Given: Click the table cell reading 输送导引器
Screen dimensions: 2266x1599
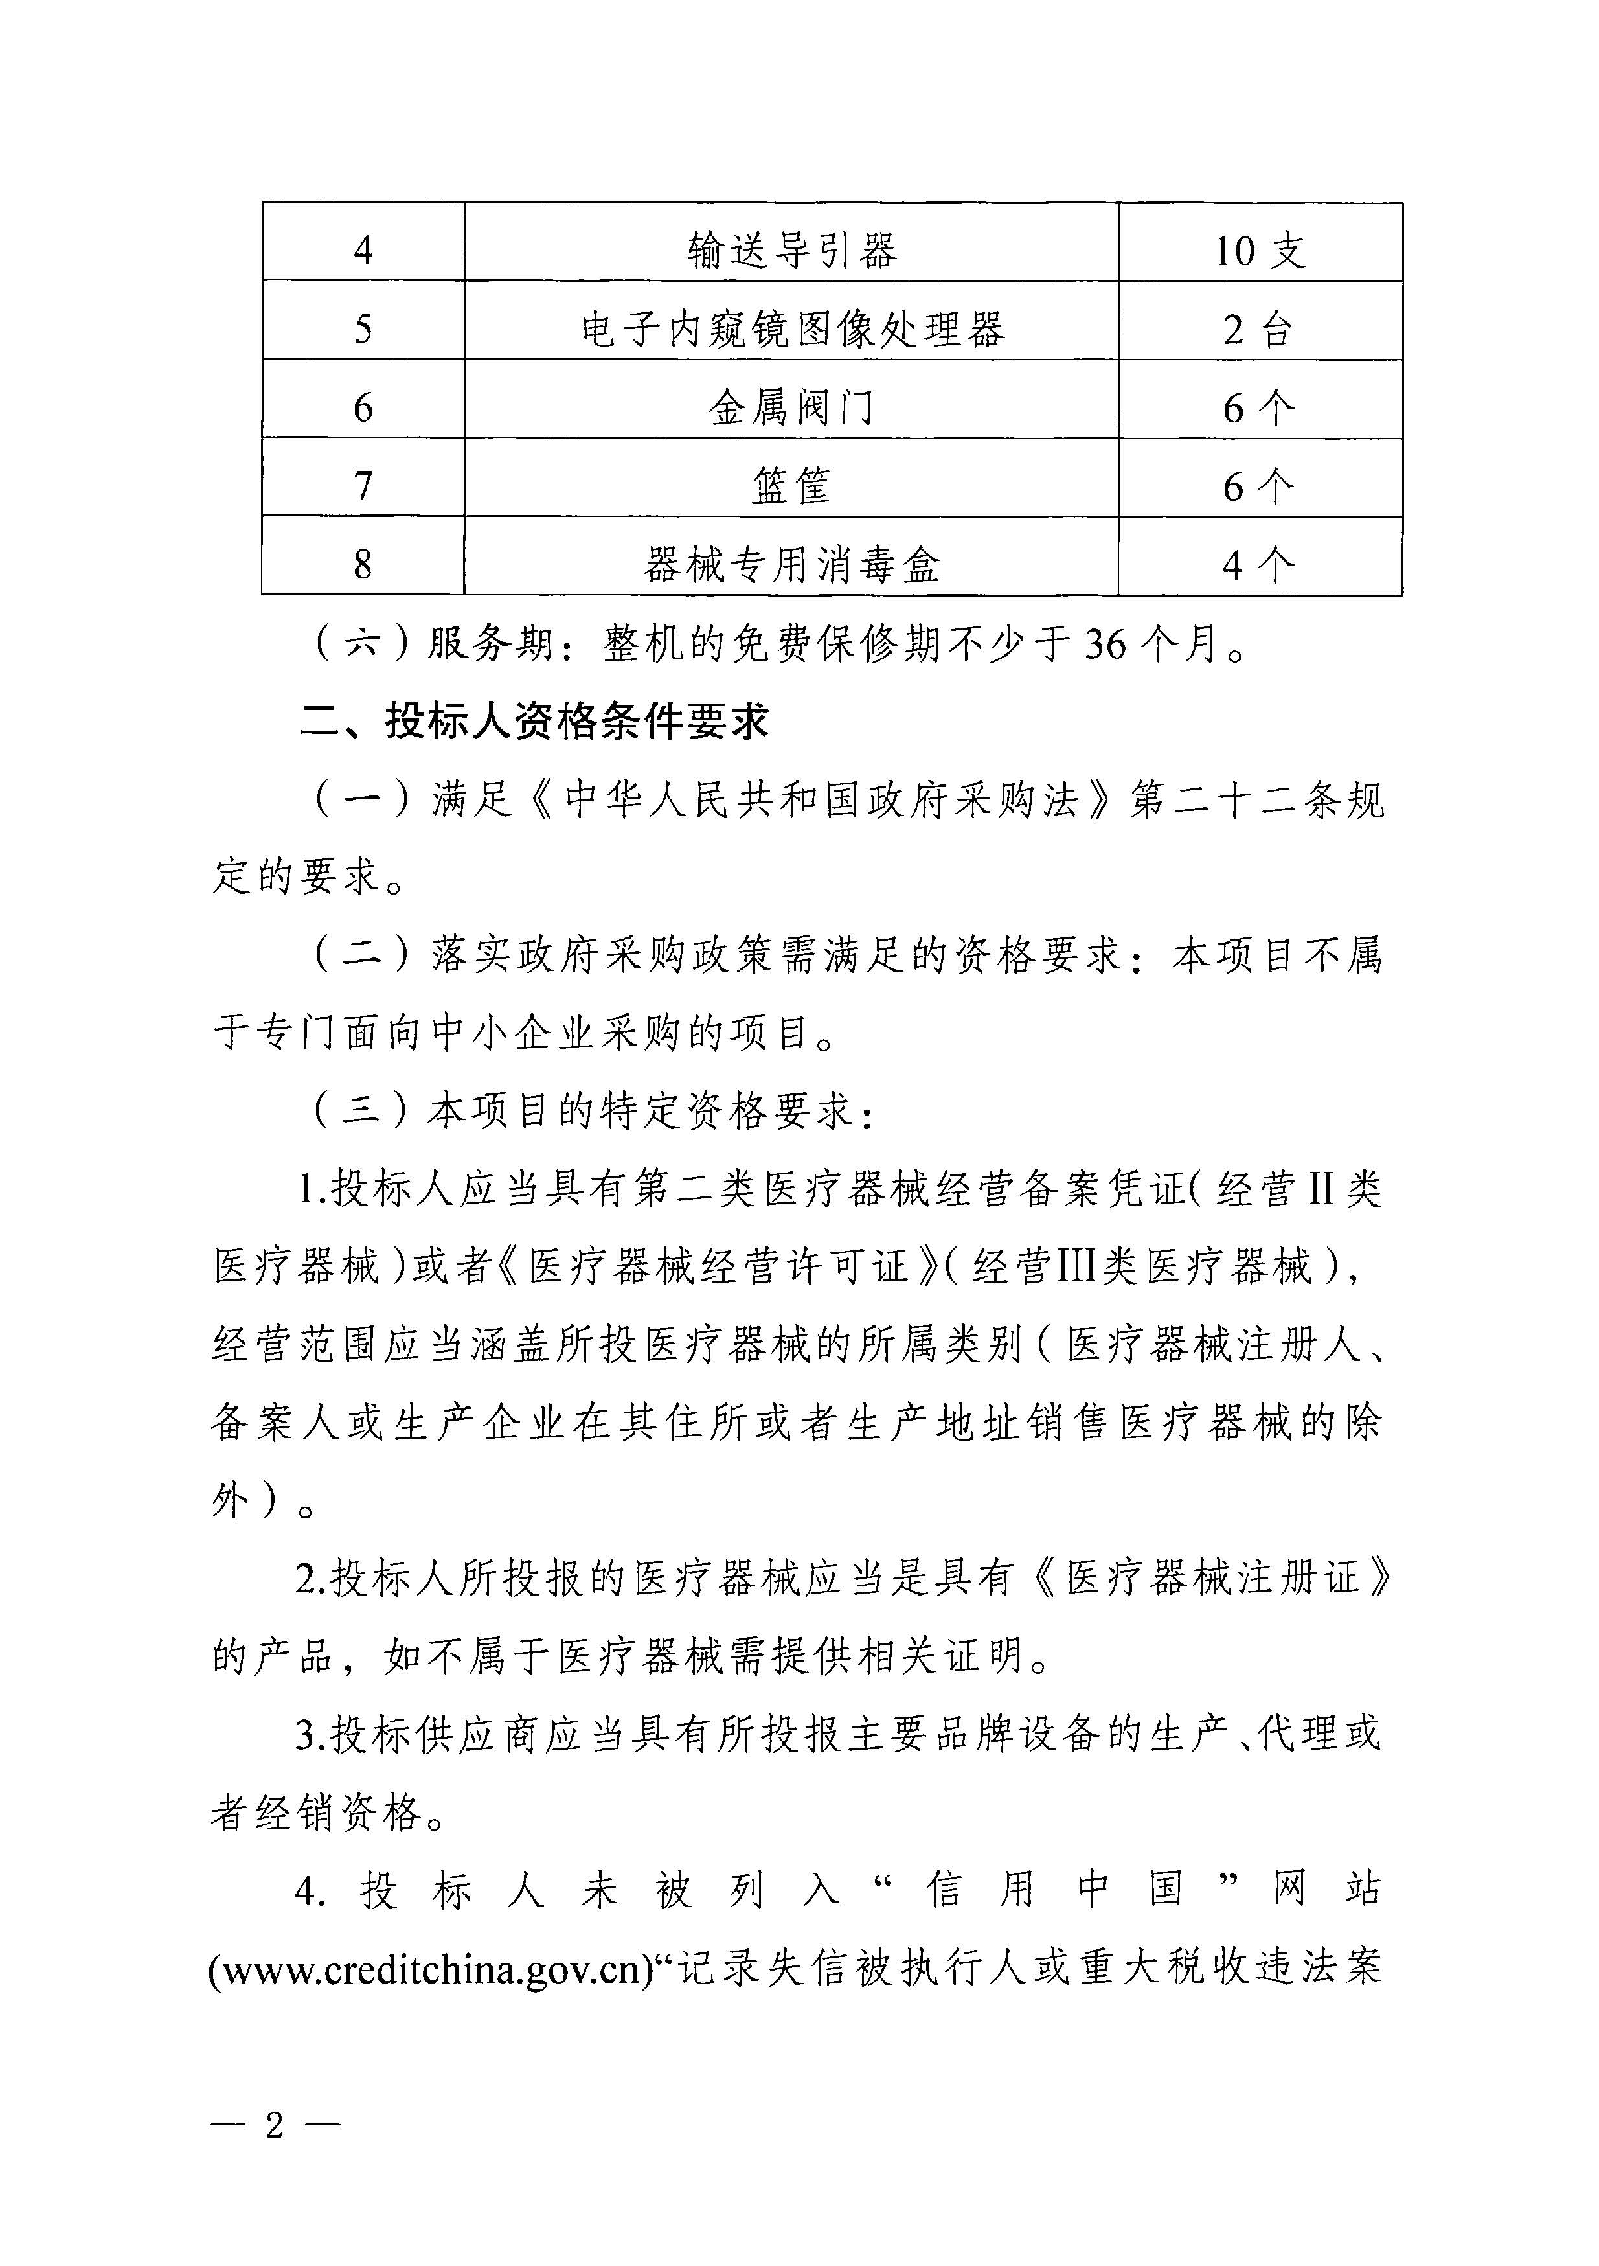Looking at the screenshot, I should coord(791,249).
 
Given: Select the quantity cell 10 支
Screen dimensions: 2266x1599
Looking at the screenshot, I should coord(1259,249).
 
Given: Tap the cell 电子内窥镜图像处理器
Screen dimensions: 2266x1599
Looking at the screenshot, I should coord(791,328).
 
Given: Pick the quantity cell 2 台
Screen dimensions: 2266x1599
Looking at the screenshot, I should coord(1259,328).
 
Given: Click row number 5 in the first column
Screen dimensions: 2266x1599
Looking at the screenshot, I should coord(363,328).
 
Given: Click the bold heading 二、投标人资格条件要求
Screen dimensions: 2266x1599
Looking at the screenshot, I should coord(534,722).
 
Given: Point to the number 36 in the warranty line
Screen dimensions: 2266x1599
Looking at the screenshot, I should coord(1105,645).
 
